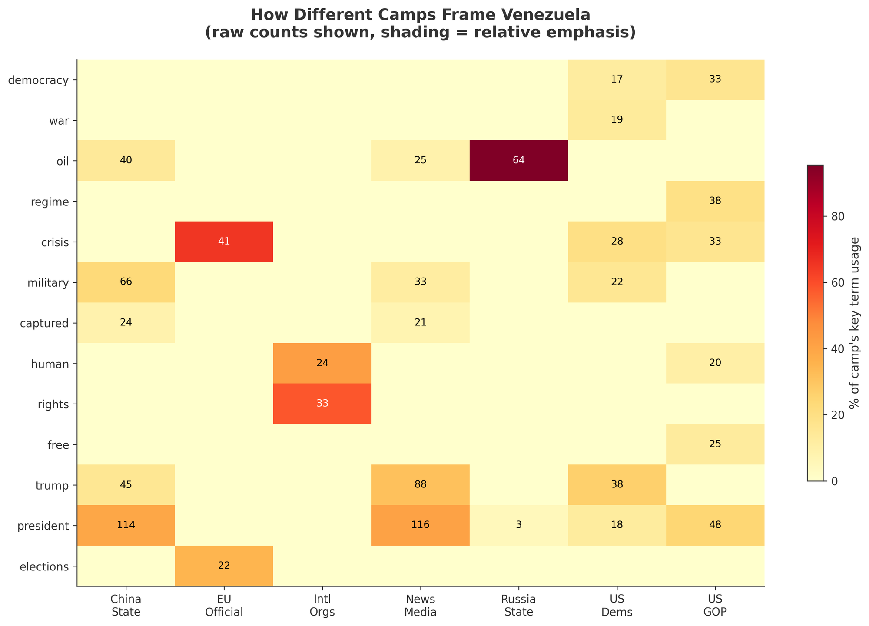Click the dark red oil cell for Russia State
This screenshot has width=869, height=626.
tap(518, 161)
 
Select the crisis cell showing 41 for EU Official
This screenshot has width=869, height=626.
tap(224, 242)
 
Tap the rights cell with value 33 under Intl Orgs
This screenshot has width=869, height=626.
tap(322, 404)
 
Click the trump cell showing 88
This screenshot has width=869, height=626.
tap(420, 485)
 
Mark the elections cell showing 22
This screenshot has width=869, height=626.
tap(224, 566)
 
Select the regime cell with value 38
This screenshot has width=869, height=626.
tap(715, 201)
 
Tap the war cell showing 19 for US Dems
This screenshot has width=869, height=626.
tap(617, 120)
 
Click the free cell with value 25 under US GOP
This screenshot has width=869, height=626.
tap(715, 444)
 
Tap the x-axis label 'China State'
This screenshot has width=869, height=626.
tap(126, 605)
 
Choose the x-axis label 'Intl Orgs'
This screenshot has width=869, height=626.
tap(322, 605)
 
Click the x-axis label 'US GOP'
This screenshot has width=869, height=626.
tap(715, 605)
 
